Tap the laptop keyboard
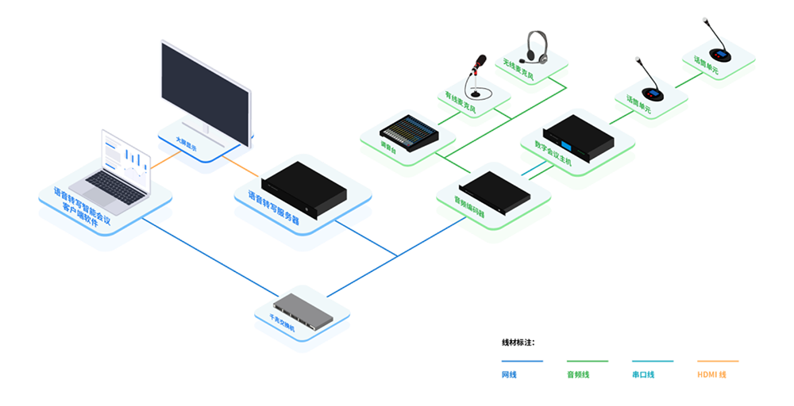(116, 188)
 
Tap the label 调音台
(389, 147)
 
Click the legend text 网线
(508, 374)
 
